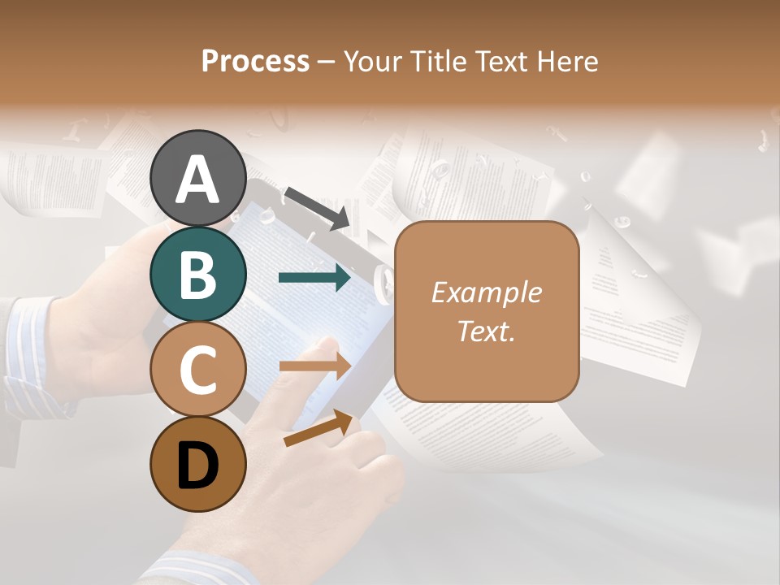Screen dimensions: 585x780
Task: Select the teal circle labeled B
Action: coord(198,274)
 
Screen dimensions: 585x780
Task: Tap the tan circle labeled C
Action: coord(198,370)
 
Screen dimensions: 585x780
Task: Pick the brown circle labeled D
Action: coord(198,464)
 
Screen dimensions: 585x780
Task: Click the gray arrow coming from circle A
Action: coord(318,206)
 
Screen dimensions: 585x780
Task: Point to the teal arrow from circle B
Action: coord(314,278)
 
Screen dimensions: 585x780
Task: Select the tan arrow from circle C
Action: coord(314,366)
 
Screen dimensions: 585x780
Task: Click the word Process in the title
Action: coord(255,61)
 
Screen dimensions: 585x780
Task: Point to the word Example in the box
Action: coord(486,292)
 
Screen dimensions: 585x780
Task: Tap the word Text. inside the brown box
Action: coord(486,331)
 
